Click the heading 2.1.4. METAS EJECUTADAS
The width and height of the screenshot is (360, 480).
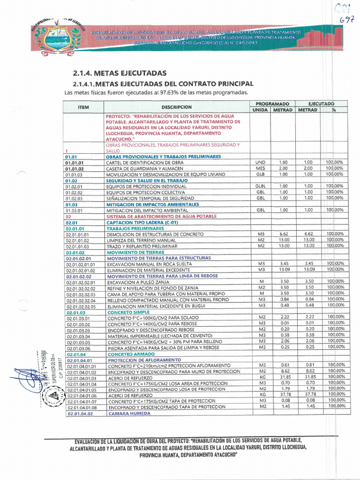click(120, 74)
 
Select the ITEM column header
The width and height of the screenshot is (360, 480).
click(83, 107)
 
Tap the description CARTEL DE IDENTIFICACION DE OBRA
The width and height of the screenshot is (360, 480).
click(146, 162)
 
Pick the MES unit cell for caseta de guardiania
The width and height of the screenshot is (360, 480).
click(260, 168)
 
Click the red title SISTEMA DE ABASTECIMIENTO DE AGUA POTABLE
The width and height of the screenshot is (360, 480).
click(161, 217)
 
